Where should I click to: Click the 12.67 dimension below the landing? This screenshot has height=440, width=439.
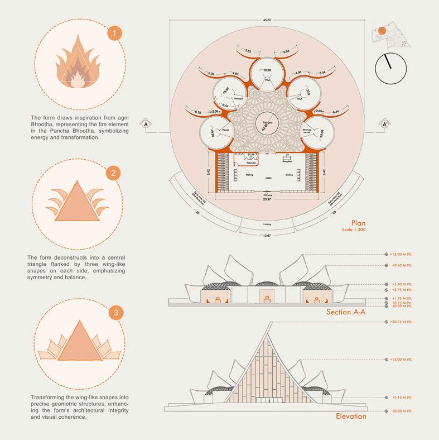tap(266, 236)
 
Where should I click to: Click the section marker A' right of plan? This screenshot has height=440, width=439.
tap(385, 124)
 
